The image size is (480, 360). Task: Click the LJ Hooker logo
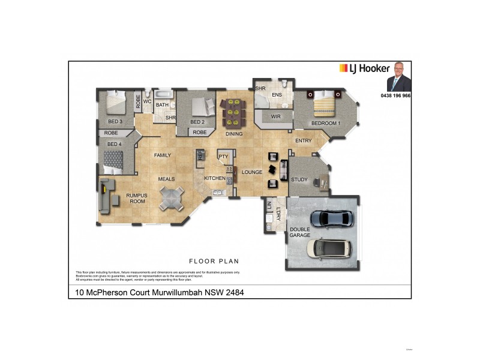coord(365,68)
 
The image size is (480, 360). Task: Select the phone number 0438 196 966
coord(396,96)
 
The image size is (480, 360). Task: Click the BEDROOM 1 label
coord(326,124)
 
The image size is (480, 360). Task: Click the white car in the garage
coord(328,248)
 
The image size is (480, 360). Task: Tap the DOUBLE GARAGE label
coord(300,232)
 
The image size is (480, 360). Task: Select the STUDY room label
coord(299,179)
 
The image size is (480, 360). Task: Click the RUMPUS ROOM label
coord(137,198)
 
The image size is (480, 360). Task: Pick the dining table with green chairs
coord(234,110)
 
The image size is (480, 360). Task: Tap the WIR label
coord(276,116)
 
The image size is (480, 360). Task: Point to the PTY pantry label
coord(224,157)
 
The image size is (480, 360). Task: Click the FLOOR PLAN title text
coord(214,261)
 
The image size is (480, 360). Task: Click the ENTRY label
coord(304,141)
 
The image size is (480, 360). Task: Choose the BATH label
coord(162,105)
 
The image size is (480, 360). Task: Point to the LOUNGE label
coord(252,172)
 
